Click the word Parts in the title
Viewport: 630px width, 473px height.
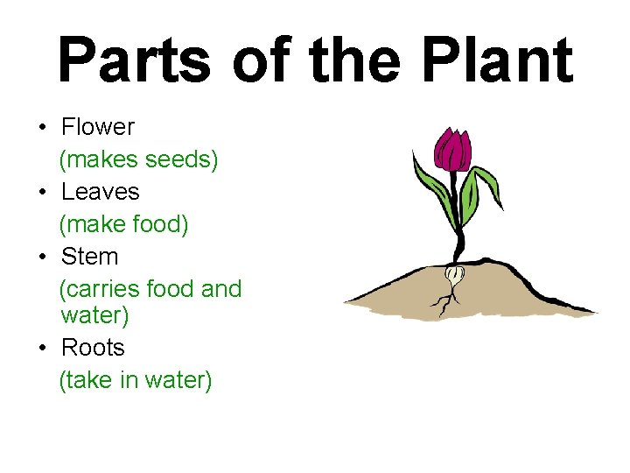point(134,61)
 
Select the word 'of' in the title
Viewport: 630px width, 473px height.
point(266,61)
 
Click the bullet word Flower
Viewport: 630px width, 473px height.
point(97,127)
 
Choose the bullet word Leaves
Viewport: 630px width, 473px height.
point(100,192)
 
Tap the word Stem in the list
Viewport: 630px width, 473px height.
point(89,257)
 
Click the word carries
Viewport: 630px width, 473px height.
point(100,289)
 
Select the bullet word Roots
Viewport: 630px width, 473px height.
point(93,348)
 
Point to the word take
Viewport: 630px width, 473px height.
point(86,381)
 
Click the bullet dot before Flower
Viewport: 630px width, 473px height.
point(43,128)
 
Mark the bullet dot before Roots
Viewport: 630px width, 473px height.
point(43,349)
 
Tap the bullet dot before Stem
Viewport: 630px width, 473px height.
point(43,258)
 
